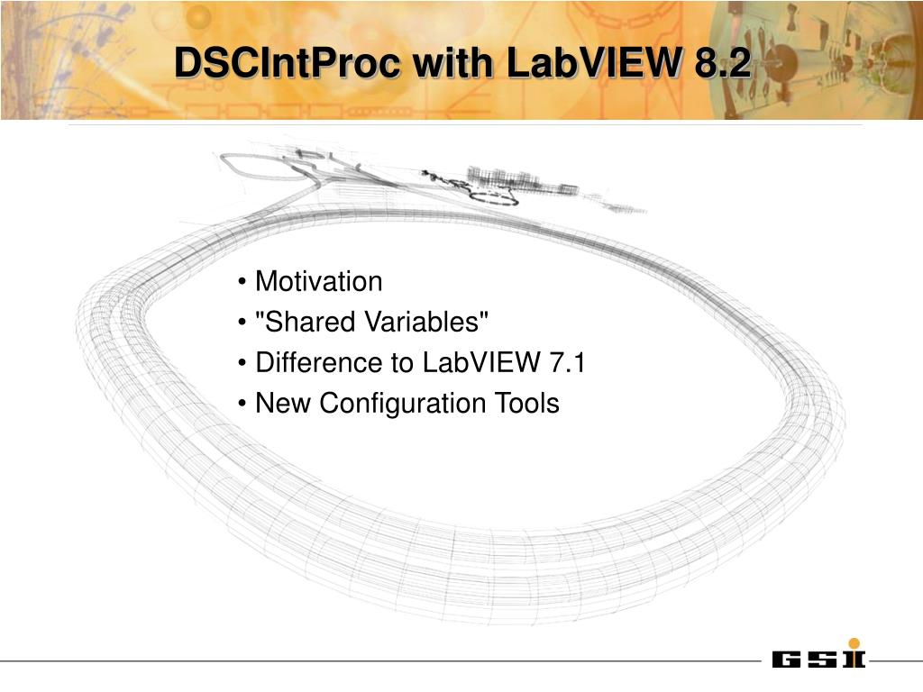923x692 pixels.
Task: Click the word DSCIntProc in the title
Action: pos(287,62)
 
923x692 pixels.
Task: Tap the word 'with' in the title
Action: pos(452,62)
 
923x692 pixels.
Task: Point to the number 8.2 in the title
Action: pos(722,62)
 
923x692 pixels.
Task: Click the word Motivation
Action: pos(318,281)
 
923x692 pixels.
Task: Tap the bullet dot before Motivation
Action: pos(242,282)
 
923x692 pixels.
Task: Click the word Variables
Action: pos(426,322)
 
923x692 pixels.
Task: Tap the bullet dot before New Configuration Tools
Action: pos(242,404)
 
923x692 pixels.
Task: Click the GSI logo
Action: pos(818,654)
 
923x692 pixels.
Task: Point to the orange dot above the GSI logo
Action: pos(854,643)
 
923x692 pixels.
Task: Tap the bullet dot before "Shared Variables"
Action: pos(242,323)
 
